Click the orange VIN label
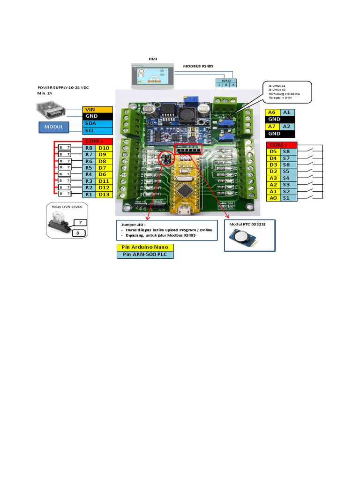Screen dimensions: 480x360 click(97, 109)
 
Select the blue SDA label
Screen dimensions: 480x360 click(97, 123)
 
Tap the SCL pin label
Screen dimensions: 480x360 click(97, 130)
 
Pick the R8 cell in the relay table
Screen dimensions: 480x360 click(89, 148)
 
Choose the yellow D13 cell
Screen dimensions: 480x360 click(104, 194)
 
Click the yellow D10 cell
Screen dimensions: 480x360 click(104, 148)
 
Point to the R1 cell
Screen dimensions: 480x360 click(89, 194)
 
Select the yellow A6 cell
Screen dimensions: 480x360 click(272, 112)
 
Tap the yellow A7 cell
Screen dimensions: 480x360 click(272, 127)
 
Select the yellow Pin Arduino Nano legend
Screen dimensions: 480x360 click(145, 247)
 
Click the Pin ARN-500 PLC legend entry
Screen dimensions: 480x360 click(145, 255)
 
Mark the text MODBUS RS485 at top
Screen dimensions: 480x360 click(198, 67)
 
